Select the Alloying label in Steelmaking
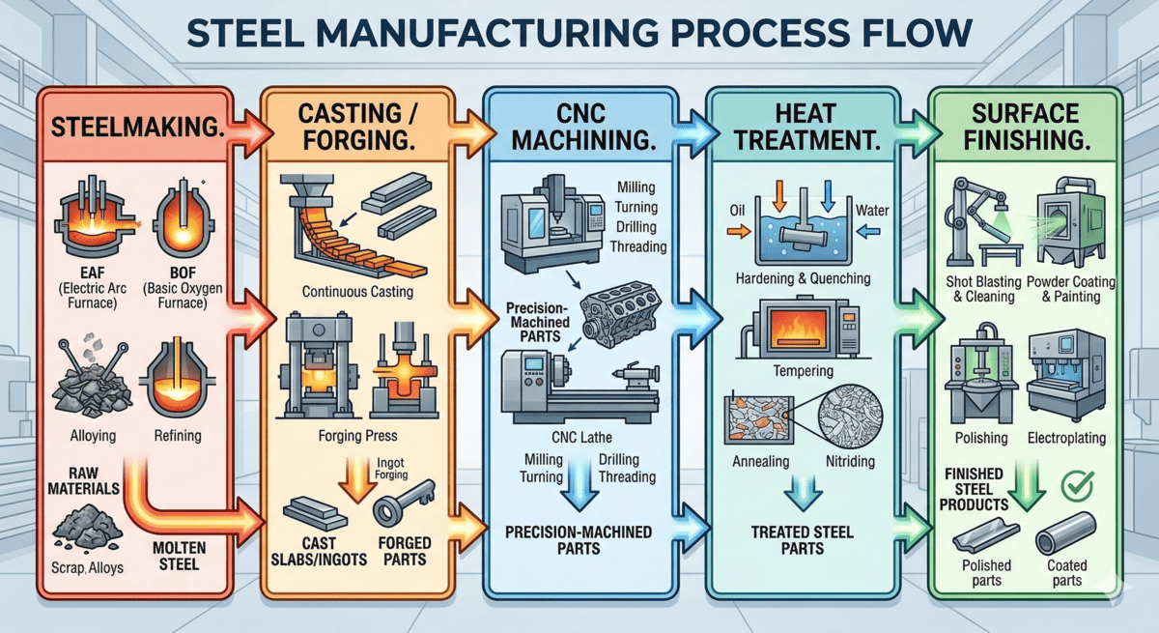click(93, 436)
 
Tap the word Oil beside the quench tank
click(735, 209)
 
